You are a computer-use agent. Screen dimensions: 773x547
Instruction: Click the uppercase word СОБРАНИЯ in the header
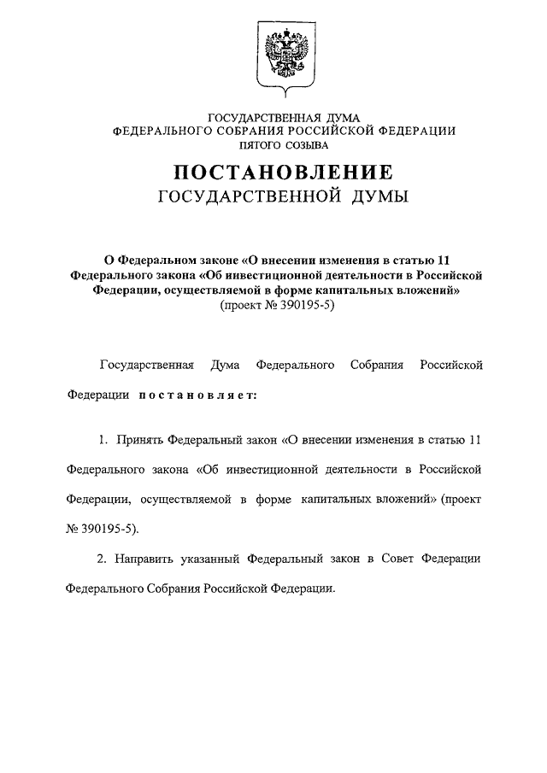[x=256, y=131]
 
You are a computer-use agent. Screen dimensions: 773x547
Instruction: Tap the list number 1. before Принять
[x=102, y=439]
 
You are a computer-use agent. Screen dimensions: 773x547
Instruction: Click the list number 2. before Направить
[x=102, y=558]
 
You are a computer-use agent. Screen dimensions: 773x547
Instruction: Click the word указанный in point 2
[x=209, y=558]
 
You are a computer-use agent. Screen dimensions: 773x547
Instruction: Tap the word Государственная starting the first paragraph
[x=147, y=365]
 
